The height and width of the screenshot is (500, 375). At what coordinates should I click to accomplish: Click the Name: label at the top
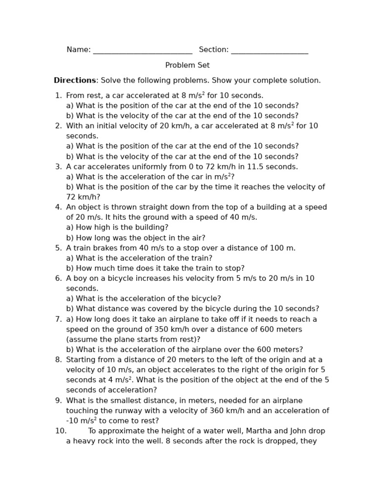[x=79, y=50]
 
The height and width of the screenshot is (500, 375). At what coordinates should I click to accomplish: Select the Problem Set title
[x=187, y=65]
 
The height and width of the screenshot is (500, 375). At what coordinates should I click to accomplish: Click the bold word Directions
[x=75, y=81]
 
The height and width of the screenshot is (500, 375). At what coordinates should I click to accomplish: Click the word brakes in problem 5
[x=105, y=248]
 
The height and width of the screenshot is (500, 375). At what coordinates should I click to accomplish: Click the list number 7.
[x=58, y=319]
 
